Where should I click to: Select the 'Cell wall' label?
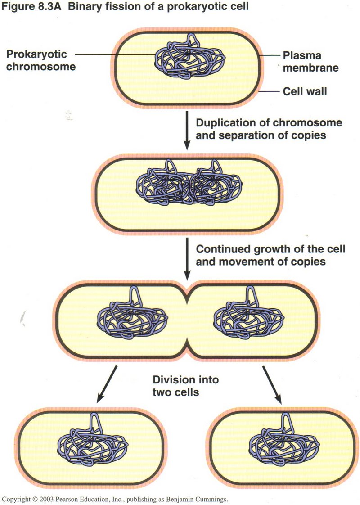point(305,92)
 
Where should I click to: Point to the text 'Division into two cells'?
point(185,386)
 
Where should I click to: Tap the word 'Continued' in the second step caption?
point(219,249)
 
